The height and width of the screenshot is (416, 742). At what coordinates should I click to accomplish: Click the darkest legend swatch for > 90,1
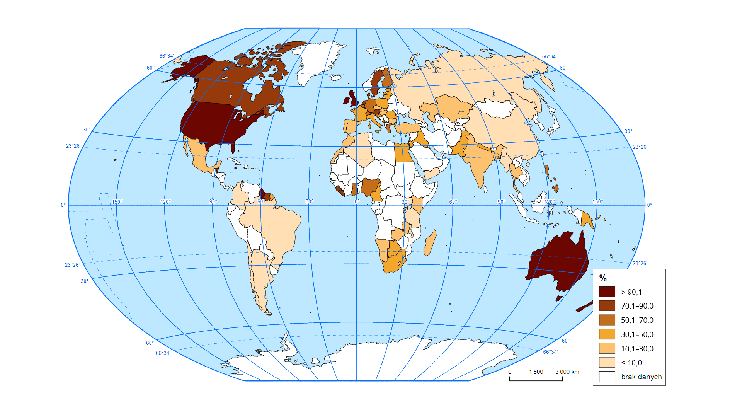tap(607, 292)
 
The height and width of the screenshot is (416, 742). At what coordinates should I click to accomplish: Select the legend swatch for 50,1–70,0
tap(607, 320)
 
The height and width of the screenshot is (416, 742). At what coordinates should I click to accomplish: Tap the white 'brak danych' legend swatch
tap(607, 377)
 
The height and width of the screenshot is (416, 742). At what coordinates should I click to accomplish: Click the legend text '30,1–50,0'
tap(637, 334)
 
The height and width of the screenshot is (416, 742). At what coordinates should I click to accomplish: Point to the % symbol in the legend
tap(603, 278)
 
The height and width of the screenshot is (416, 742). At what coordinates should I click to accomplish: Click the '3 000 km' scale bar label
tap(567, 372)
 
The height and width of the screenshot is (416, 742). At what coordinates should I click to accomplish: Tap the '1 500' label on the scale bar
tap(536, 372)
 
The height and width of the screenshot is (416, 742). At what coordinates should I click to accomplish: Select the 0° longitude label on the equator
tap(357, 201)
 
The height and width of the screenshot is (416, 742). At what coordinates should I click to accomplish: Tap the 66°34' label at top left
tap(167, 56)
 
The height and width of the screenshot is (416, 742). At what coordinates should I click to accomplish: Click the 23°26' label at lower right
tap(640, 263)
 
